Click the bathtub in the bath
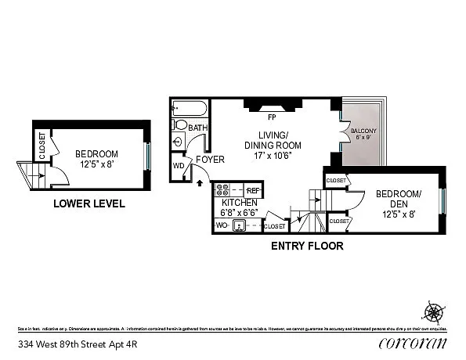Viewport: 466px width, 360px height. [x=187, y=108]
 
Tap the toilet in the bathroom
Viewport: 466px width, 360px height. [x=181, y=124]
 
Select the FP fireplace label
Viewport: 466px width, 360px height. [x=272, y=117]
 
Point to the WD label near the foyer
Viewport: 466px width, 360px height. [x=179, y=166]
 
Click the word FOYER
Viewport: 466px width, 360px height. [x=210, y=160]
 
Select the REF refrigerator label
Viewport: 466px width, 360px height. [x=252, y=190]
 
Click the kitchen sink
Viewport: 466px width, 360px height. [x=240, y=226]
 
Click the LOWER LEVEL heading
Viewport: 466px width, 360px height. [x=89, y=204]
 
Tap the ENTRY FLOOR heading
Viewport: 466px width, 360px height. [x=307, y=246]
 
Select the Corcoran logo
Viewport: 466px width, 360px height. [x=412, y=343]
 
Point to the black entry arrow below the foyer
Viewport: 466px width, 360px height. [x=199, y=184]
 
